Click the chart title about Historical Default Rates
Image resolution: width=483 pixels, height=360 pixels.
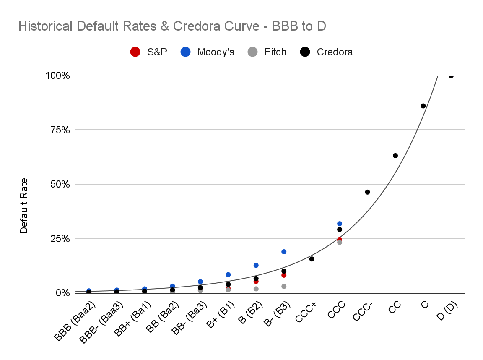172,26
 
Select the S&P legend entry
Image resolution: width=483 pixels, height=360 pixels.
148,52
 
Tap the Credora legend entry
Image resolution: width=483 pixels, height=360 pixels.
327,52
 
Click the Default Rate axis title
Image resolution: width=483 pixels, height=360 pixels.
24,206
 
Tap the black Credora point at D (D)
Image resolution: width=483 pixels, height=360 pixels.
451,76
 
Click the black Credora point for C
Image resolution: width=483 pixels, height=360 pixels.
423,106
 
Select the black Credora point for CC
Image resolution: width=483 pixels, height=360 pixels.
395,156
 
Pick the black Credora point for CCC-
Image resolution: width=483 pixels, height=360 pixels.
367,192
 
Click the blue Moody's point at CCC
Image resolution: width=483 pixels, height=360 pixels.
340,224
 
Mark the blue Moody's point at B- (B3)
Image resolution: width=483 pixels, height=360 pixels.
284,252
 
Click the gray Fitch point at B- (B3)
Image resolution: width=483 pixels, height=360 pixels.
284,287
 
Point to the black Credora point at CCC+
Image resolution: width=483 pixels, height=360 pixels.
312,259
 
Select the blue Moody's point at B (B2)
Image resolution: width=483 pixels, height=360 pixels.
256,265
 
